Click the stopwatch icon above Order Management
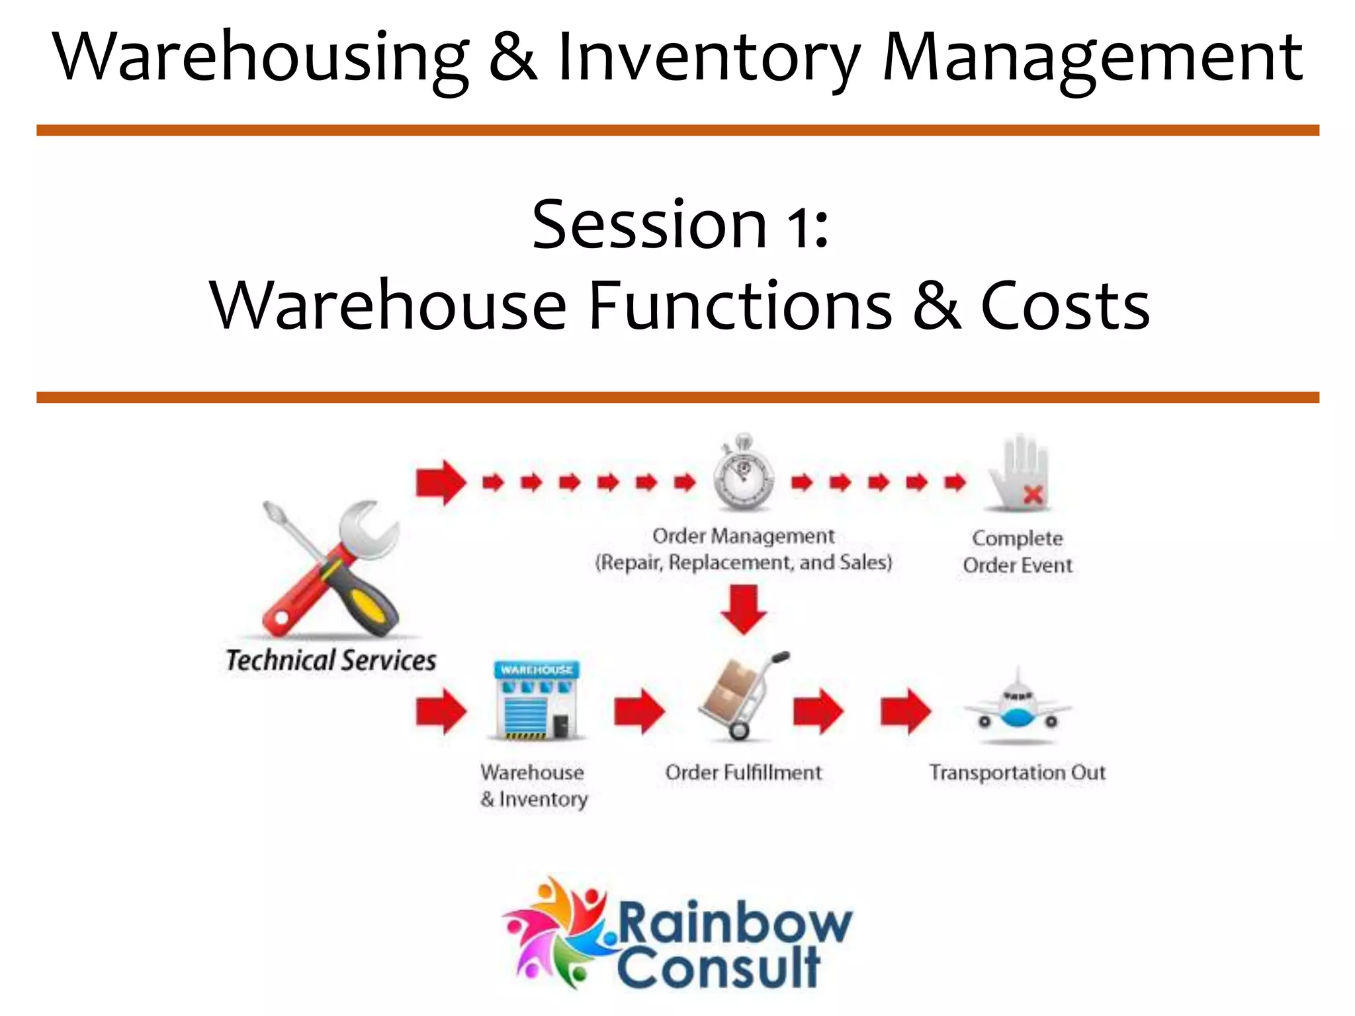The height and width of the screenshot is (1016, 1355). (744, 475)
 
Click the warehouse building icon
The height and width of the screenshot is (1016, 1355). (537, 701)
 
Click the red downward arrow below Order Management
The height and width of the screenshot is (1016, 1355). (744, 609)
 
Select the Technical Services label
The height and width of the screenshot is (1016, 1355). (331, 660)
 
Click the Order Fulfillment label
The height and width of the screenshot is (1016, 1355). (744, 773)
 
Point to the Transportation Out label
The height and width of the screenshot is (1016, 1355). (1018, 773)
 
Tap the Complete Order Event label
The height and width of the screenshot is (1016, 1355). (1018, 552)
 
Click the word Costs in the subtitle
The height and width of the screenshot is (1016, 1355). (1065, 306)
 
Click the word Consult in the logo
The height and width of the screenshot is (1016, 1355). (719, 968)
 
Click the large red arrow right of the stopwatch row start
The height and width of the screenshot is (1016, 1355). (441, 482)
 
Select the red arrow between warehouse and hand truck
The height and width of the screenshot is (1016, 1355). (639, 712)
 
